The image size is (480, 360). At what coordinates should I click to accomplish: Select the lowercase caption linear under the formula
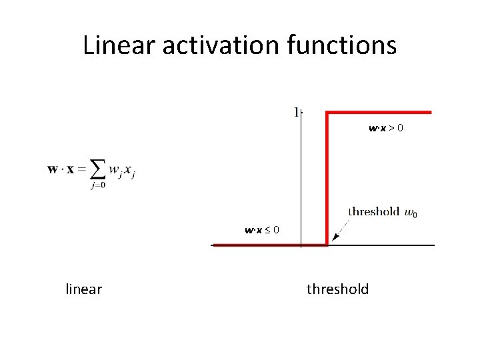click(x=84, y=289)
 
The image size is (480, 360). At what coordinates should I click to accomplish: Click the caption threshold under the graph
click(x=337, y=289)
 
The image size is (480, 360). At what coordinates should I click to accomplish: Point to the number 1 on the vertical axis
click(x=295, y=112)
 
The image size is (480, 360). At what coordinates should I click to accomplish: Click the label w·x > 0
click(x=385, y=127)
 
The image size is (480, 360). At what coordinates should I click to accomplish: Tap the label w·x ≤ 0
click(x=262, y=231)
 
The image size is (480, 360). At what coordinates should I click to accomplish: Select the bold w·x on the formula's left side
click(x=61, y=169)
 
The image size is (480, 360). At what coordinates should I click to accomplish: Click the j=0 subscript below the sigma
click(x=97, y=185)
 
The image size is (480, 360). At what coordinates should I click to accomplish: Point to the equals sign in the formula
click(x=81, y=169)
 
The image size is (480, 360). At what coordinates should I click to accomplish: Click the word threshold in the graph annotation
click(x=373, y=211)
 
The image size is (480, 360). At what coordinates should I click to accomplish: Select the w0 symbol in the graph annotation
click(x=411, y=213)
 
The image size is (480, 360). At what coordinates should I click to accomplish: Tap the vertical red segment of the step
click(x=326, y=180)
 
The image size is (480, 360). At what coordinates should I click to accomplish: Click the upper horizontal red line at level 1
click(x=380, y=112)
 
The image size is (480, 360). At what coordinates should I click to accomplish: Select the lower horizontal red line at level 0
click(x=267, y=245)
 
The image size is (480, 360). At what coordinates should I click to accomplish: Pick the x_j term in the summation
click(x=129, y=172)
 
